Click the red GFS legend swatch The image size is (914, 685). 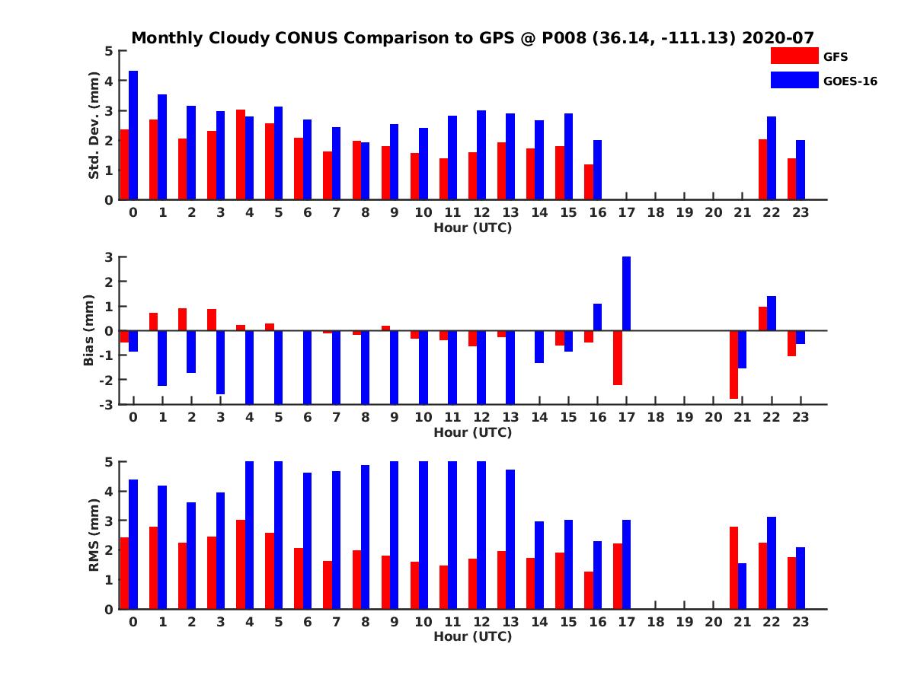click(x=794, y=56)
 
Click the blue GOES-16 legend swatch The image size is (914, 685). click(x=794, y=80)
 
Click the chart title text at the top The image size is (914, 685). click(x=472, y=37)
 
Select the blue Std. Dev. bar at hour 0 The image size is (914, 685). click(x=133, y=135)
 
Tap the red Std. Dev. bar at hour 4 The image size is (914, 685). click(x=241, y=155)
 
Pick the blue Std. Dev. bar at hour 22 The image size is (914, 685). click(x=772, y=158)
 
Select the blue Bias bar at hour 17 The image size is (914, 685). click(x=627, y=294)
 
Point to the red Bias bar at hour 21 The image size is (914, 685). click(x=733, y=365)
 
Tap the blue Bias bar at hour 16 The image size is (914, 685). click(x=598, y=317)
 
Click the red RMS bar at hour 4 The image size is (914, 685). click(x=241, y=564)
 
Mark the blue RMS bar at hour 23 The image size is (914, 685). click(x=801, y=578)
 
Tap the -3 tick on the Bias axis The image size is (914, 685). click(x=108, y=404)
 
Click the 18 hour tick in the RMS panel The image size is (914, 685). click(x=656, y=621)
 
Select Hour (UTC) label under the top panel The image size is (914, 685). click(x=472, y=228)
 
